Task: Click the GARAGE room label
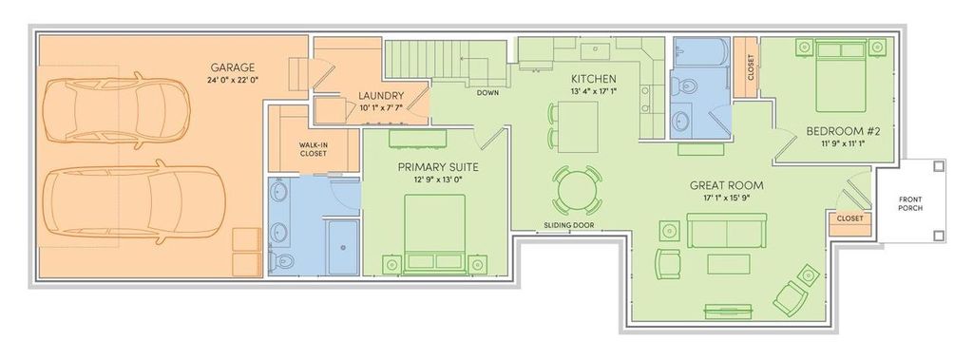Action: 233,67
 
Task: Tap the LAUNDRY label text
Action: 382,96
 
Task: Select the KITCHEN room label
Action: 594,78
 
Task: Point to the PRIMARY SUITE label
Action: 437,167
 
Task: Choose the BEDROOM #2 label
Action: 844,131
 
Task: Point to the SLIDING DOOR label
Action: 568,226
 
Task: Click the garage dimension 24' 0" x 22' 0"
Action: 233,81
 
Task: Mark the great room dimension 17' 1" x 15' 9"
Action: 727,199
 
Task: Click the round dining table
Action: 578,190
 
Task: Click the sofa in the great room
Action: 727,230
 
